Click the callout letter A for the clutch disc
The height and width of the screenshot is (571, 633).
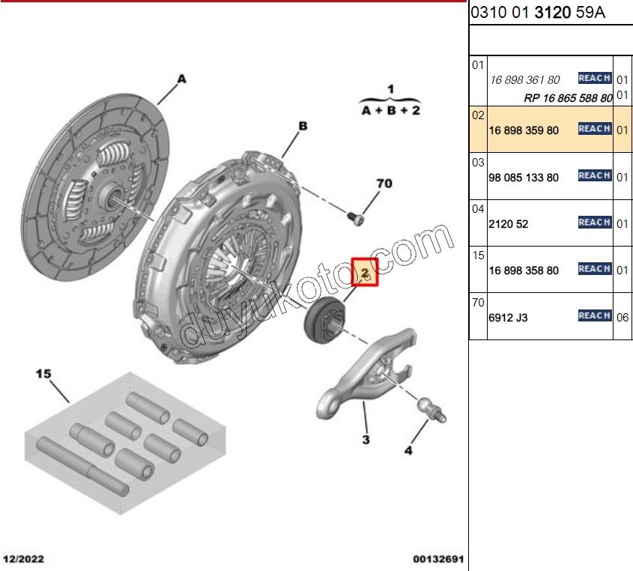click(x=182, y=79)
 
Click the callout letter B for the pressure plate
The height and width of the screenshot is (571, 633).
click(x=303, y=126)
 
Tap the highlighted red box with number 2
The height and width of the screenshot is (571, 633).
click(x=365, y=272)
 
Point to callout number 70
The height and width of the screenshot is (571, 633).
click(x=384, y=184)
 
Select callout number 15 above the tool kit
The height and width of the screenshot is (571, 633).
click(x=43, y=373)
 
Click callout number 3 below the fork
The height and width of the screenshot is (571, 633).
click(x=366, y=439)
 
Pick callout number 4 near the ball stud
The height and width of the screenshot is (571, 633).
click(x=408, y=450)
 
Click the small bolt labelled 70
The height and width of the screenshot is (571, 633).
click(x=356, y=219)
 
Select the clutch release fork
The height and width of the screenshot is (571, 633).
click(x=366, y=372)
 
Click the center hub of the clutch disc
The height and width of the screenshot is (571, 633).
click(x=111, y=194)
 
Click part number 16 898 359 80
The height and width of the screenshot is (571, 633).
click(x=524, y=130)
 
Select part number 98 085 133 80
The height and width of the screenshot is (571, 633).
click(x=524, y=178)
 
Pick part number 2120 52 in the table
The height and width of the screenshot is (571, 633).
click(x=508, y=224)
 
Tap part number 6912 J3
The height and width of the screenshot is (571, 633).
click(x=508, y=318)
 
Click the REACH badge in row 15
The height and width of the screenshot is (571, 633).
click(x=595, y=269)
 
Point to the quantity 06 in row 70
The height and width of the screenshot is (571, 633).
click(x=622, y=318)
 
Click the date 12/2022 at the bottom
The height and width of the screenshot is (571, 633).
click(x=23, y=559)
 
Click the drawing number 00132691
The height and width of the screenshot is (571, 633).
click(x=438, y=559)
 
